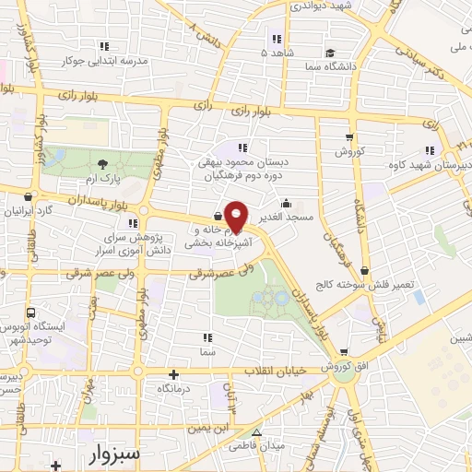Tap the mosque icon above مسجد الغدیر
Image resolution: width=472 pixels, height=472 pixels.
pos(287,203)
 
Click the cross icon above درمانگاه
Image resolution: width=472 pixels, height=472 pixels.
pos(174,374)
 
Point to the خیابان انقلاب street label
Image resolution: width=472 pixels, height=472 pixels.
pos(272,370)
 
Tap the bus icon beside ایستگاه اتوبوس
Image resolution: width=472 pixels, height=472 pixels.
pos(33,313)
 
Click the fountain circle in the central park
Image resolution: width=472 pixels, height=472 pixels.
pos(274,296)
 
